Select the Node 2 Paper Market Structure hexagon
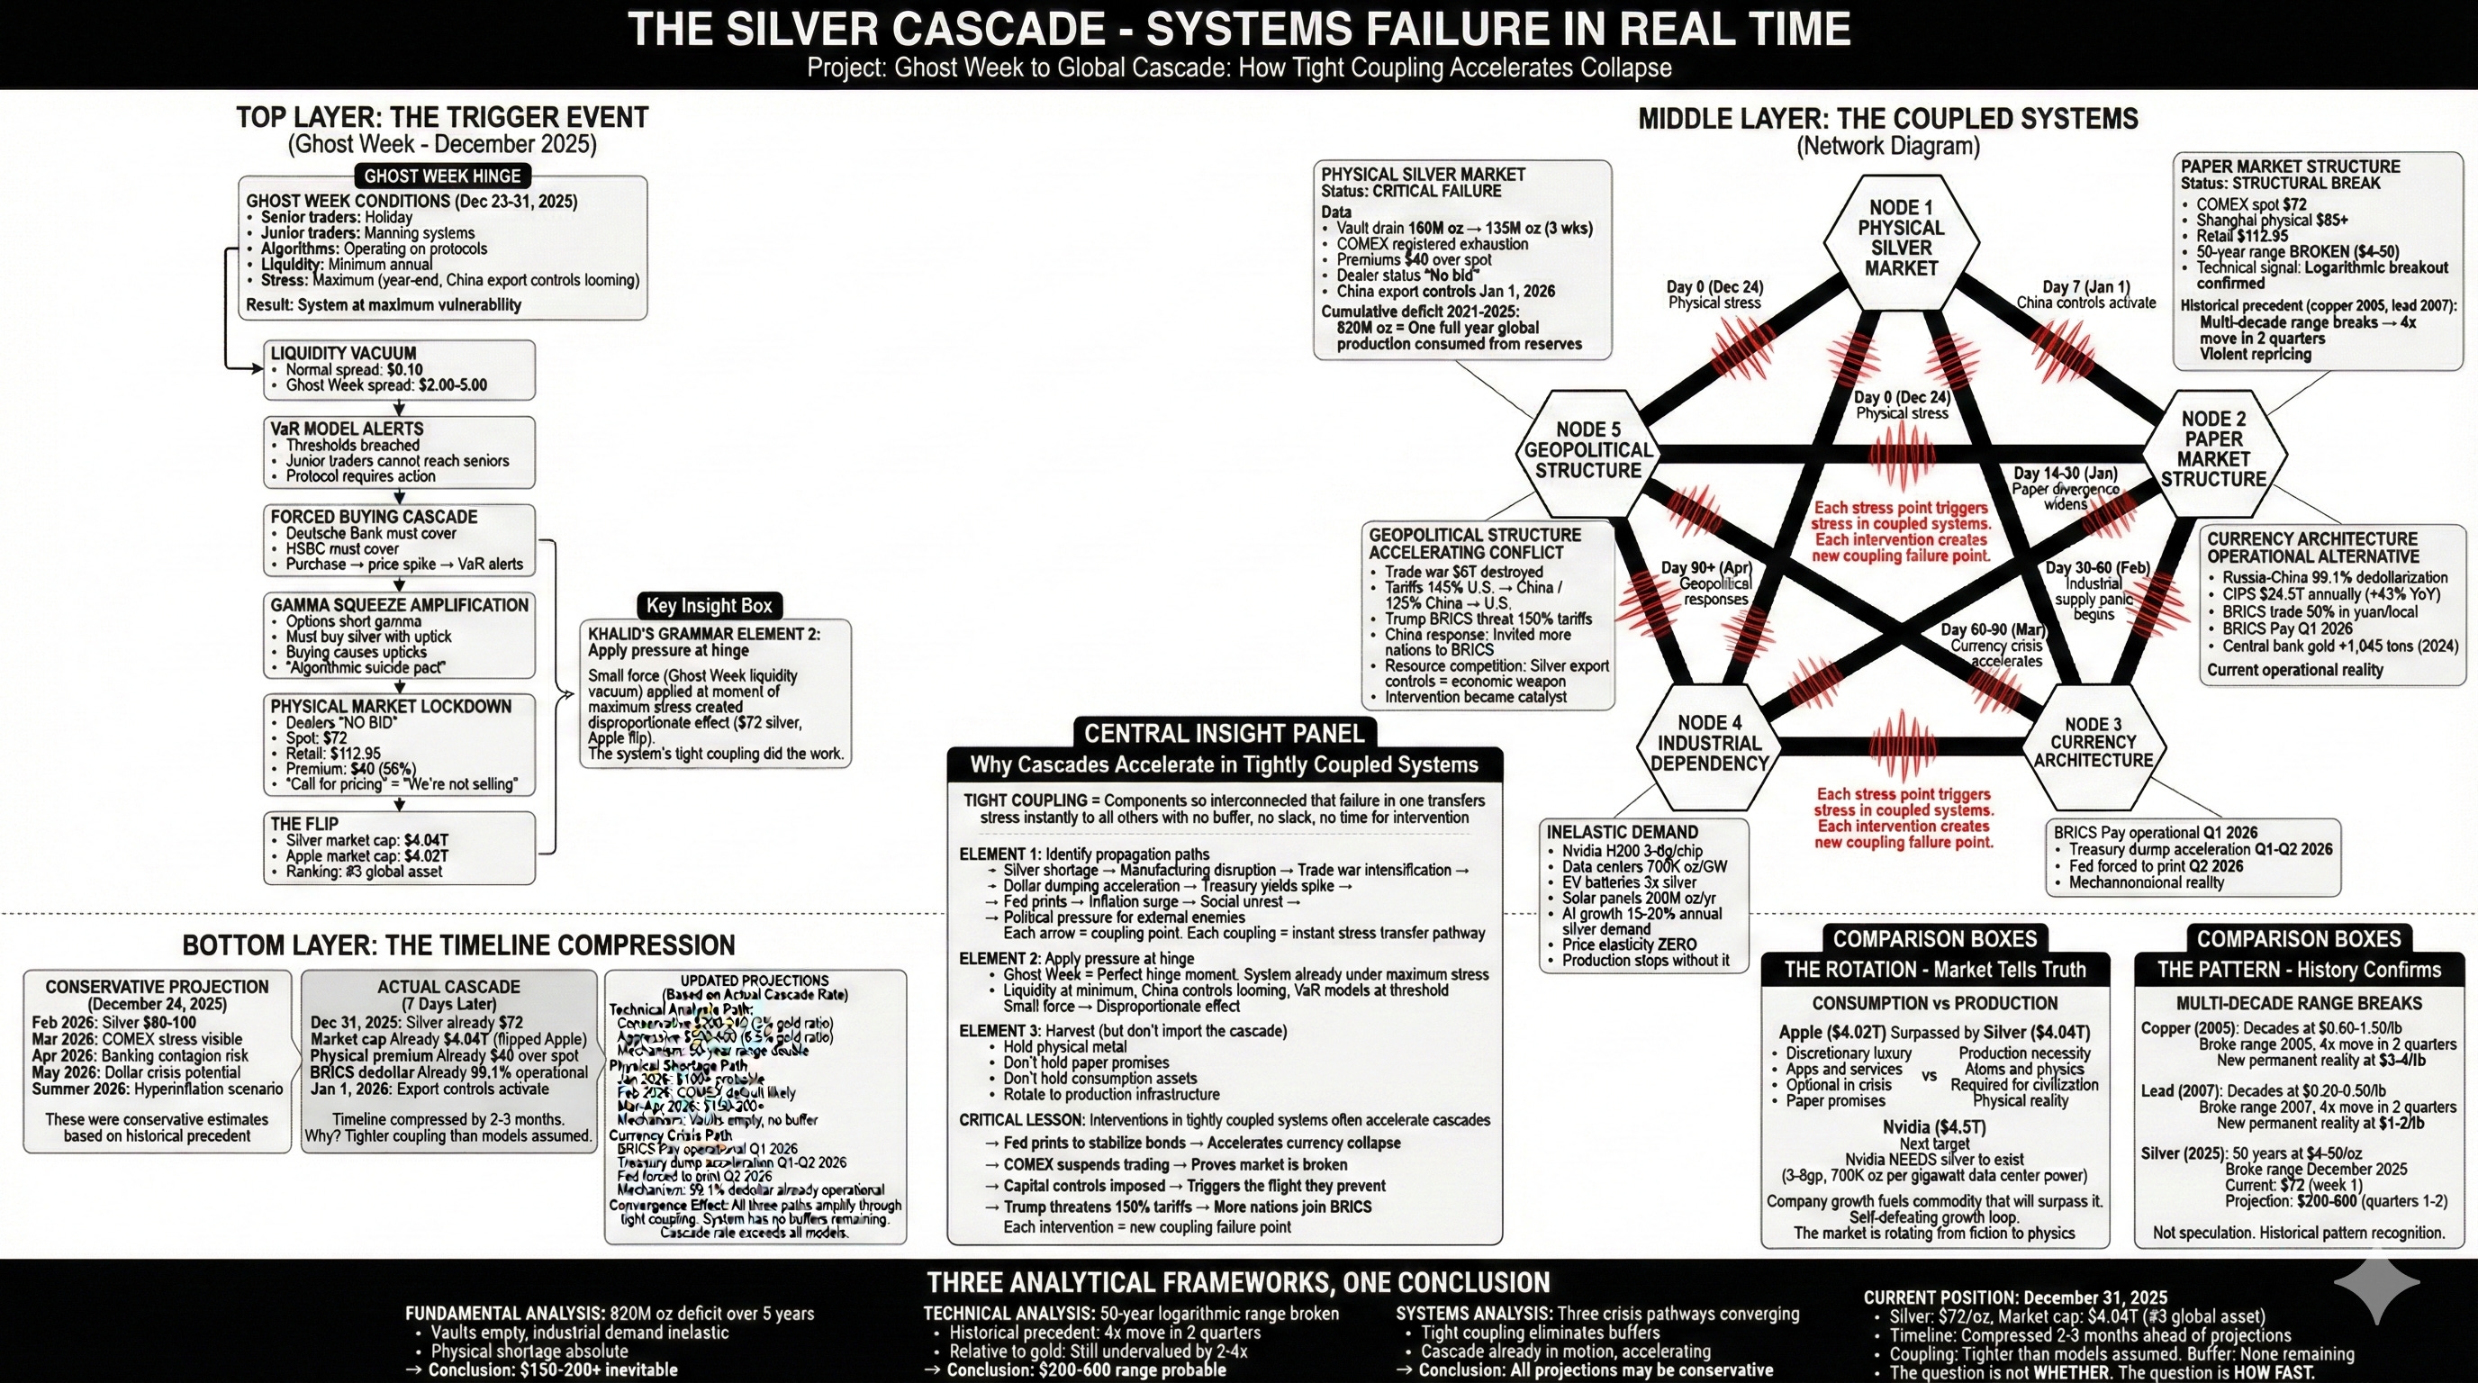pos(2213,450)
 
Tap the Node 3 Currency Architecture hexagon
pos(2094,744)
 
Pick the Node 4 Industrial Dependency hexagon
pos(1709,744)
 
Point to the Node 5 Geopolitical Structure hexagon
pos(1587,450)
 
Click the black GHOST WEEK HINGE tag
pos(441,176)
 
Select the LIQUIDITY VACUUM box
pos(399,369)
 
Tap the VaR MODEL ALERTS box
pos(399,452)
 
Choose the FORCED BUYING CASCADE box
pos(399,540)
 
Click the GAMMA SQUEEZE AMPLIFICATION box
pos(399,636)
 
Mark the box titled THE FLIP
pos(399,848)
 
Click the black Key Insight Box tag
pos(709,606)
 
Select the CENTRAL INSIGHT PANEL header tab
pos(1224,734)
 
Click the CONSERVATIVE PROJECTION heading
pos(157,987)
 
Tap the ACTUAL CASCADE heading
pos(448,987)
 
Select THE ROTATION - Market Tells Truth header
pos(1934,970)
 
